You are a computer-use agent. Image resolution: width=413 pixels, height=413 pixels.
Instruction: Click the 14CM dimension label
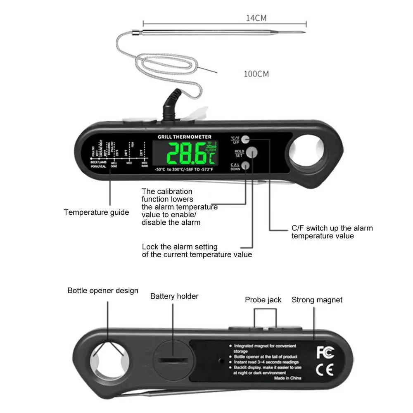pyautogui.click(x=256, y=18)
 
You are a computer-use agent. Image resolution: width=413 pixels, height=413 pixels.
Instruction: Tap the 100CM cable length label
pyautogui.click(x=256, y=74)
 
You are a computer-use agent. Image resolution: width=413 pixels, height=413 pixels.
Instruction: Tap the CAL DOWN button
pyautogui.click(x=246, y=166)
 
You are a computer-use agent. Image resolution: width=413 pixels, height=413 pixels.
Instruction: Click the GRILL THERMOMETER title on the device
pyautogui.click(x=185, y=137)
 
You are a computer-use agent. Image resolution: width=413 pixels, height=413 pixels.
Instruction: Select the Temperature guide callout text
pyautogui.click(x=96, y=212)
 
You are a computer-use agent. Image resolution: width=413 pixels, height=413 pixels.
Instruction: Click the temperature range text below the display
pyautogui.click(x=184, y=170)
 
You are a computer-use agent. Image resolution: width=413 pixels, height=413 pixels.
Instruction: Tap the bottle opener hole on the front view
pyautogui.click(x=306, y=150)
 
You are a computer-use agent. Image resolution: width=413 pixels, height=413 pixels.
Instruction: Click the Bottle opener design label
pyautogui.click(x=103, y=291)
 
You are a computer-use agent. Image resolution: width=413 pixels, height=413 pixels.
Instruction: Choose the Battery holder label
pyautogui.click(x=174, y=296)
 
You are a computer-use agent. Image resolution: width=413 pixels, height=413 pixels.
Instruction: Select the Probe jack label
pyautogui.click(x=263, y=300)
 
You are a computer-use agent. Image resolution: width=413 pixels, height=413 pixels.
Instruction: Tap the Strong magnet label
pyautogui.click(x=317, y=300)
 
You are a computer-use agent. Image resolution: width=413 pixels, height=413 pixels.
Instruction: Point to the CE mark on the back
pyautogui.click(x=325, y=370)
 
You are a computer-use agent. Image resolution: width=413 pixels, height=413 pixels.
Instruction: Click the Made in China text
pyautogui.click(x=287, y=378)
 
